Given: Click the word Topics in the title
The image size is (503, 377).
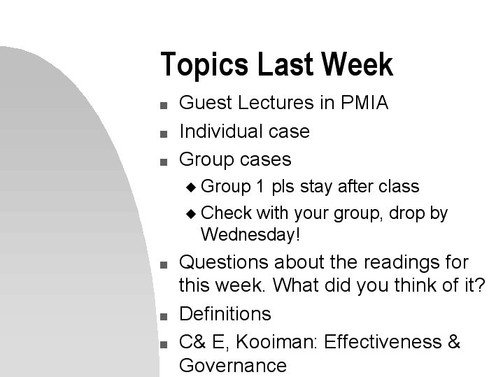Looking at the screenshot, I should pos(204,65).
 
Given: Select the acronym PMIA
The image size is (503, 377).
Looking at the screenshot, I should pos(364,103).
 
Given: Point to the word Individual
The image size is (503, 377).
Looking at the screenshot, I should pos(221,131).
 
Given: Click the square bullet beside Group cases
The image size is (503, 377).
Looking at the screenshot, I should pos(164,162).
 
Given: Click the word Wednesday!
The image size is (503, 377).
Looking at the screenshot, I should pos(250,234).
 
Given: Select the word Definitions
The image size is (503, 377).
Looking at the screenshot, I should pos(225,313).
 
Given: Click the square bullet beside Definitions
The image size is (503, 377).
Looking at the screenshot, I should pos(164,316).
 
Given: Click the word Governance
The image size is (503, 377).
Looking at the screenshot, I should pos(232,366).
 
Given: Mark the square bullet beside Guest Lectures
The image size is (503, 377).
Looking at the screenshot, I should pos(164,106).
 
